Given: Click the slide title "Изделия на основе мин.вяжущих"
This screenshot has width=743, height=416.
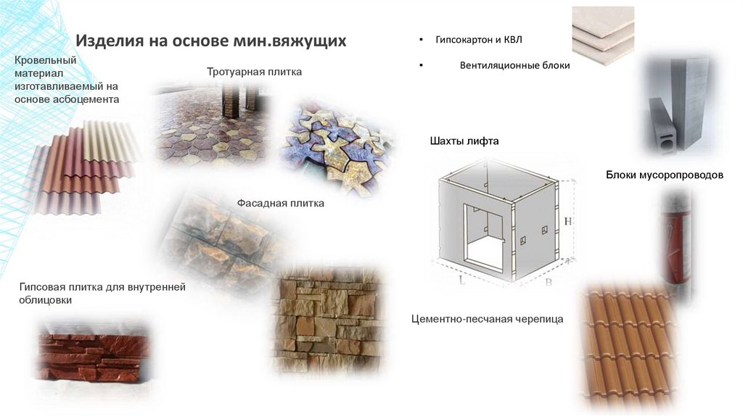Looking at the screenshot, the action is [211, 41].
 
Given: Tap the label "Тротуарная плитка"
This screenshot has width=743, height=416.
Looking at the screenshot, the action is [254, 72].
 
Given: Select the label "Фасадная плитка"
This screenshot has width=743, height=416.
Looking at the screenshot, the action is [281, 203].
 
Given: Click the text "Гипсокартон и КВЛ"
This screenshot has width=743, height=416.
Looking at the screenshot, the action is [479, 40].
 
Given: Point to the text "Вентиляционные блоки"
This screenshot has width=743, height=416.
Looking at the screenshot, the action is [514, 65].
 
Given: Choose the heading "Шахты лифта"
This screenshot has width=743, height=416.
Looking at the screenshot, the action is [464, 141].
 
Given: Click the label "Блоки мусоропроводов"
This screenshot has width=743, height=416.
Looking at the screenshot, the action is [665, 175].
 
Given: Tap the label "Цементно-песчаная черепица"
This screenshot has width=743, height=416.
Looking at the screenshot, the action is [487, 319].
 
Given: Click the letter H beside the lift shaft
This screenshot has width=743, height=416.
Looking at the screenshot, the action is [567, 221].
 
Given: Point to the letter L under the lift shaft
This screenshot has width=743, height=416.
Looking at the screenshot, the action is [462, 280].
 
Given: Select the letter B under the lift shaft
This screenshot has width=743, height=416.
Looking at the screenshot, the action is [549, 283].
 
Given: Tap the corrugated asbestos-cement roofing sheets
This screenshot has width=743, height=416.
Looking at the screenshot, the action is [86, 166].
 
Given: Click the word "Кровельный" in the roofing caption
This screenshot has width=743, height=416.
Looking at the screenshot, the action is [46, 61].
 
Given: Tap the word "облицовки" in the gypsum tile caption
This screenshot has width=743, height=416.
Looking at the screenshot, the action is [46, 301].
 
